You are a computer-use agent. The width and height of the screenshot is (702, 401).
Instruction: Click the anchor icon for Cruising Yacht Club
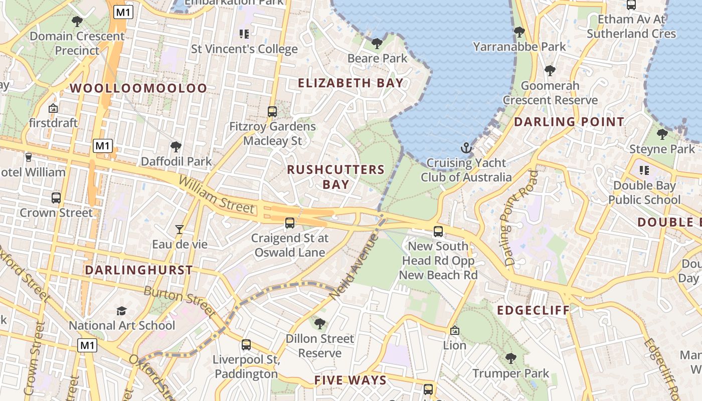tap(467, 148)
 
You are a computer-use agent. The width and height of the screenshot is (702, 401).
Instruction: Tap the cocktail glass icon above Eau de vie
tap(180, 230)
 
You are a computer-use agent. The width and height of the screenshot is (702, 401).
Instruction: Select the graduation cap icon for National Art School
tap(121, 311)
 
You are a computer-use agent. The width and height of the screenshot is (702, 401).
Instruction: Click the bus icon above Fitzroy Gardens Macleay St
tap(272, 112)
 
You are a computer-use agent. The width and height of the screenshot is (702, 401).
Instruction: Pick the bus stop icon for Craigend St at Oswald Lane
tap(290, 223)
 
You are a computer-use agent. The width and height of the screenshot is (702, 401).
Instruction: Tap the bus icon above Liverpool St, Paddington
tap(246, 345)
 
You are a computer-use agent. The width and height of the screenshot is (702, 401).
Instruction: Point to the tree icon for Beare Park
tap(377, 44)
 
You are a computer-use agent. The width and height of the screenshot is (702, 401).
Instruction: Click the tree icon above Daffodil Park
tap(175, 147)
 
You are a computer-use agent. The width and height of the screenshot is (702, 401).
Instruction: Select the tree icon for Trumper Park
tap(511, 358)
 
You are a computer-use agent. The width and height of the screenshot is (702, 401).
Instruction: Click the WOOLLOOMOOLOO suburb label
tap(138, 88)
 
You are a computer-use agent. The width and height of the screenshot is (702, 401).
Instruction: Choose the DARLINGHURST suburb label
tap(138, 270)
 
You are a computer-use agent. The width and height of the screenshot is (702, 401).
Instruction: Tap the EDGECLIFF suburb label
tap(534, 310)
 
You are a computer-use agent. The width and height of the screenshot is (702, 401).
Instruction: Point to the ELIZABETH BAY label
tap(351, 83)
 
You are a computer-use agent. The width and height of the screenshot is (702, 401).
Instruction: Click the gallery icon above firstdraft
tap(53, 108)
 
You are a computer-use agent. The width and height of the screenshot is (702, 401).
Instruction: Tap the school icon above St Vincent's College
tap(244, 34)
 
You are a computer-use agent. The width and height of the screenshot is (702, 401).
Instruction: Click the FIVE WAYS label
tap(350, 380)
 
